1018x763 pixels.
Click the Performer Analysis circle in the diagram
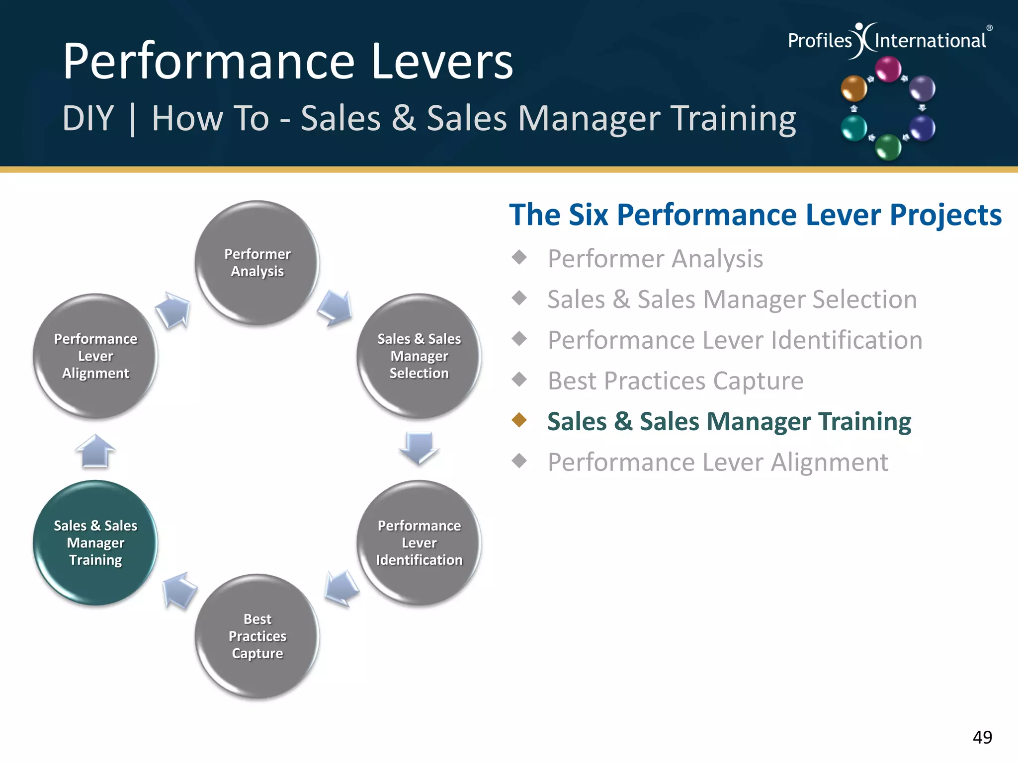coord(257,263)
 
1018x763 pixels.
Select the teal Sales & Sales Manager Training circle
coord(95,542)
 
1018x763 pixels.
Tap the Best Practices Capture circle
coord(257,636)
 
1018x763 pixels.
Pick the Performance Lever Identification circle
coord(419,542)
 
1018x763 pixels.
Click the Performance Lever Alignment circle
coord(95,356)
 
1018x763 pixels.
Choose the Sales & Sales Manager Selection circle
coord(419,356)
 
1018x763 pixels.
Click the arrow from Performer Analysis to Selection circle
coord(336,308)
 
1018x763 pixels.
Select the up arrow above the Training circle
coord(95,451)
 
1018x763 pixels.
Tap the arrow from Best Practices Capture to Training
coord(179,590)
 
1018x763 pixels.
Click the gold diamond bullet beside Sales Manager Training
coord(519,420)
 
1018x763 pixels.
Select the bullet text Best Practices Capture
coord(675,381)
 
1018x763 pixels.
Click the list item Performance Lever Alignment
coord(717,462)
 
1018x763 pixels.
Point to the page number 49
coord(982,737)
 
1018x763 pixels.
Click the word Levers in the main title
coord(442,62)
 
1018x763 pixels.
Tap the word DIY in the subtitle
coord(88,119)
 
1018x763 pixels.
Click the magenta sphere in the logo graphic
coord(888,69)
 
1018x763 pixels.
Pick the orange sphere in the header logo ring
coord(853,88)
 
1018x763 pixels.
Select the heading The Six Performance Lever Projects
coord(755,215)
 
